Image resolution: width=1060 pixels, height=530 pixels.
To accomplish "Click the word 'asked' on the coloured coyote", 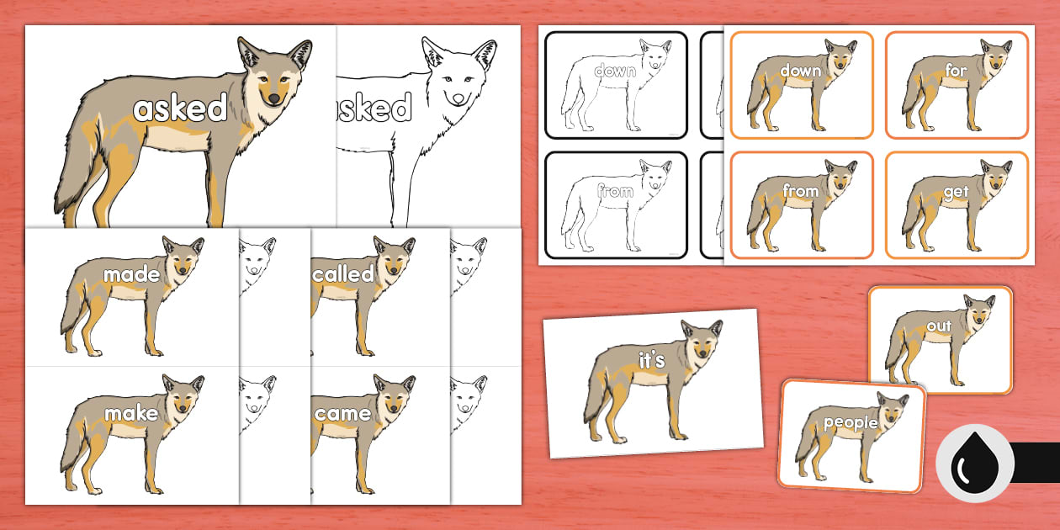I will tap(181, 109).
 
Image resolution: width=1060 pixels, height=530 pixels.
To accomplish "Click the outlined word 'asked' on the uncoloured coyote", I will tap(374, 109).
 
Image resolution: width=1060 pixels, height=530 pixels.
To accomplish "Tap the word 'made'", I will tap(130, 275).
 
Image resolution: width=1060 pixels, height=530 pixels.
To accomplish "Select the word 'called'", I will tap(343, 274).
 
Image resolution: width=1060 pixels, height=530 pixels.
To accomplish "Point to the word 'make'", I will tap(130, 412).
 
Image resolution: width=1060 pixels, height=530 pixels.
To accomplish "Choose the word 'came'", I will tap(342, 412).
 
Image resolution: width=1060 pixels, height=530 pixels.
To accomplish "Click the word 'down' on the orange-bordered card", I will tap(800, 71).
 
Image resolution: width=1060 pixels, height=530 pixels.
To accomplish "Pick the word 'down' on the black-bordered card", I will tap(615, 72).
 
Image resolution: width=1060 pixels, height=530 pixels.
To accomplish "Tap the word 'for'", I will tap(957, 71).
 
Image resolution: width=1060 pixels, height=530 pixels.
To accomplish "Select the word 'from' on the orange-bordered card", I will tap(800, 191).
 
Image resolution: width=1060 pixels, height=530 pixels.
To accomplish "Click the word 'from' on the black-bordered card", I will tap(615, 192).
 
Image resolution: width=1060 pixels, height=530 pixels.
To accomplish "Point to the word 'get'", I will tap(957, 191).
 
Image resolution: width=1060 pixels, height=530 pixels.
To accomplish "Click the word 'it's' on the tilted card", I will tap(652, 360).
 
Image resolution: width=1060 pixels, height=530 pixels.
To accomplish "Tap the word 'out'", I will tap(939, 326).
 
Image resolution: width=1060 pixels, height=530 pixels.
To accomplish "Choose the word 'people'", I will tap(851, 423).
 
